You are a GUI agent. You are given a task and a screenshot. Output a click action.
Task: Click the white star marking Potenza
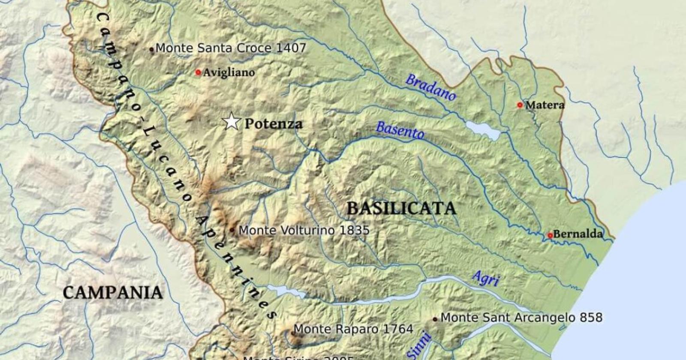click(232, 122)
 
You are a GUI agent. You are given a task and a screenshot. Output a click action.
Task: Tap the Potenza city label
click(273, 124)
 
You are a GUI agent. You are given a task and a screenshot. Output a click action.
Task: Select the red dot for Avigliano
click(198, 72)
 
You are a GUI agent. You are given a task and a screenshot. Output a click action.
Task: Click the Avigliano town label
click(229, 73)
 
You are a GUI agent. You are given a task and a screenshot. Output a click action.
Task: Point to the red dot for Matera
click(520, 105)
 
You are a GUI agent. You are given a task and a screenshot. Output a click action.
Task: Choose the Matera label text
click(545, 105)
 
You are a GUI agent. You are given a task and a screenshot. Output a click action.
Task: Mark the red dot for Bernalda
click(550, 235)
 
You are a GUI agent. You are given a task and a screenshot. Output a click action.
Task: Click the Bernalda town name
click(578, 234)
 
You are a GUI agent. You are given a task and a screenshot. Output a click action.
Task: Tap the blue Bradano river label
click(430, 87)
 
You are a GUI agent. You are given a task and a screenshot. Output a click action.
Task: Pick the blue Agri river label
click(486, 279)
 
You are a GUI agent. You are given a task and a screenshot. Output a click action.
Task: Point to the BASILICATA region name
click(401, 209)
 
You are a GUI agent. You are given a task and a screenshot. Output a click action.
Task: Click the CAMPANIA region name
click(113, 293)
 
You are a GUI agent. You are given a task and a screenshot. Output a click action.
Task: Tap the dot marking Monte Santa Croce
click(151, 49)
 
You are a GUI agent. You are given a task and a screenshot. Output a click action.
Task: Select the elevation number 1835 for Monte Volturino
click(354, 231)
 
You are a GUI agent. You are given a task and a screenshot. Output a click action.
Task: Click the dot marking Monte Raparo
click(294, 333)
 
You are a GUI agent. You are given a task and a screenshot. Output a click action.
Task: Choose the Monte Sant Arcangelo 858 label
click(521, 318)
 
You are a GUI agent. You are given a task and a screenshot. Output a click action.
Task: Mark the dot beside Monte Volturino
click(232, 230)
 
